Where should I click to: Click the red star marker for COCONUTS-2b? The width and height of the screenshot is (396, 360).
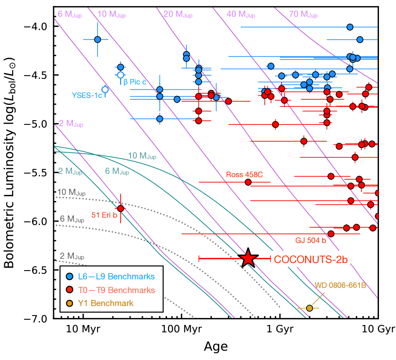click(x=248, y=258)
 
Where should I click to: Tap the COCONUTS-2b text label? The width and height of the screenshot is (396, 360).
click(x=311, y=259)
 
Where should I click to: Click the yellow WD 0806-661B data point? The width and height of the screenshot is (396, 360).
click(x=309, y=308)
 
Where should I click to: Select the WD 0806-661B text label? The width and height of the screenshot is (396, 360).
click(x=340, y=286)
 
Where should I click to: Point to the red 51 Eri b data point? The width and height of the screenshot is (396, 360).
click(x=121, y=208)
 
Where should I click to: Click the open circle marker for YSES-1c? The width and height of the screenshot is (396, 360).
click(x=106, y=89)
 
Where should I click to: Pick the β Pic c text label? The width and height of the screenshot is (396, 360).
click(x=135, y=82)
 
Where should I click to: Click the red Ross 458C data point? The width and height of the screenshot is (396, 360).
click(x=248, y=182)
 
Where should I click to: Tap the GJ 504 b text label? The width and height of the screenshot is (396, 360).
click(x=311, y=240)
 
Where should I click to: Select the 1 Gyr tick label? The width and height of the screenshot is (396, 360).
click(x=280, y=329)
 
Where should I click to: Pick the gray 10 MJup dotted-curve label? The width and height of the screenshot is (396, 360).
click(x=71, y=193)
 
